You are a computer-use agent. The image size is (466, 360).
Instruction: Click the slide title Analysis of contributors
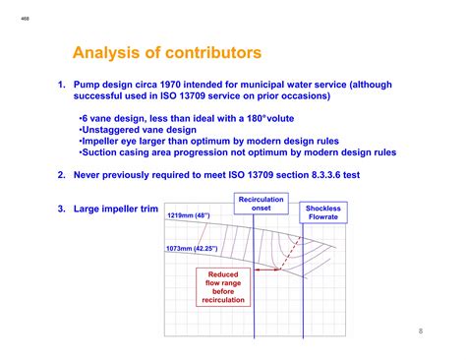click(167, 50)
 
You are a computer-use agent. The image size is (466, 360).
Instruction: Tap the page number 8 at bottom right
click(420, 330)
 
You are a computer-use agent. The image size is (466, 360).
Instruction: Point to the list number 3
click(61, 209)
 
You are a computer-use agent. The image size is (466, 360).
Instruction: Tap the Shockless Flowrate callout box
click(323, 213)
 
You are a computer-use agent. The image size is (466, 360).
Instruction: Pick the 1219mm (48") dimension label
click(188, 216)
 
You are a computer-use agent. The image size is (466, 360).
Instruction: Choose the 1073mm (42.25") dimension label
click(193, 250)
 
